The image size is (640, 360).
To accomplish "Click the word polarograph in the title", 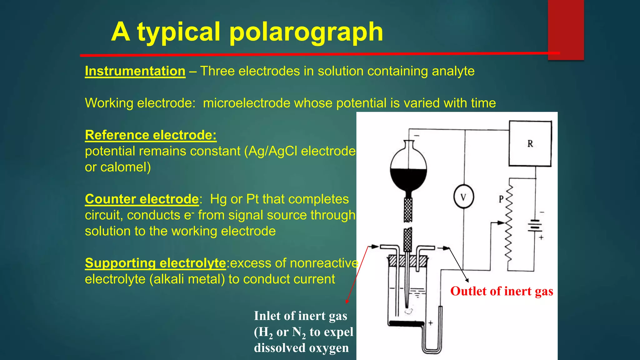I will [306, 32].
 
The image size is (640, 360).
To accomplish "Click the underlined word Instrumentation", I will [135, 71].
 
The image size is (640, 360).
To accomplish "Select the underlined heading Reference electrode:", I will [151, 135].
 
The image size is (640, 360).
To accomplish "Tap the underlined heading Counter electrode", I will [142, 199].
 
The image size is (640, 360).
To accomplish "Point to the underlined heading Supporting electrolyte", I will [155, 263].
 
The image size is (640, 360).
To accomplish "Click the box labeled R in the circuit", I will [530, 143].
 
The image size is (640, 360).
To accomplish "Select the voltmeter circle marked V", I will [463, 197].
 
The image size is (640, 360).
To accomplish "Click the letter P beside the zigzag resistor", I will [501, 199].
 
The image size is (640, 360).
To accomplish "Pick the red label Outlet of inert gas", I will [502, 291].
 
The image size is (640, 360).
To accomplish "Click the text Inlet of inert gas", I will [300, 316].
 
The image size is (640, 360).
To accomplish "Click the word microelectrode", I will [247, 103].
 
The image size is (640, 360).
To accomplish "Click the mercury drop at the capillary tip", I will [408, 311].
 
